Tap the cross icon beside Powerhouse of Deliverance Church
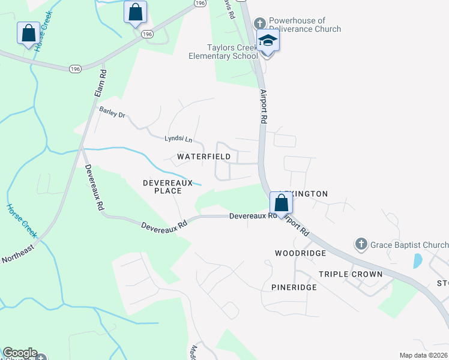260,23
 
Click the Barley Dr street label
112,112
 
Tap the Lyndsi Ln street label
178,139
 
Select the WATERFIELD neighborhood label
204,157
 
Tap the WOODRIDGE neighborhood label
300,253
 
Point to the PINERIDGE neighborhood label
294,287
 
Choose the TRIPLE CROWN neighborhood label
351,274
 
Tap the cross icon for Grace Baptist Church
361,244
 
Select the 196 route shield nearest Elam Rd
75,69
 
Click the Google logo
20,353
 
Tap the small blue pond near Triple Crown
417,260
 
